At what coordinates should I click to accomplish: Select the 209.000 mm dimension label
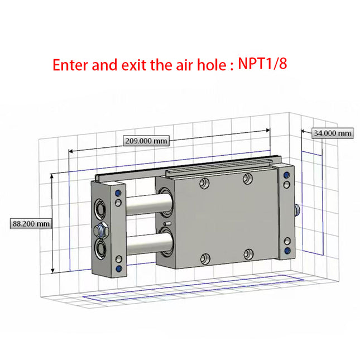[x=146, y=141]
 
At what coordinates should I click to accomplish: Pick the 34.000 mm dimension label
[x=332, y=133]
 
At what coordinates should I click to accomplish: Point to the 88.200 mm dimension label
[x=31, y=223]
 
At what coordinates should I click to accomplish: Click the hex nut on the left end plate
[x=101, y=229]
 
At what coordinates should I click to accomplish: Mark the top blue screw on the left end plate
[x=118, y=193]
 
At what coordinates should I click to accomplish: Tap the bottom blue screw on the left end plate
[x=118, y=268]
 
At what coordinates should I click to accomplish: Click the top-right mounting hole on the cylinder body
[x=248, y=178]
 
